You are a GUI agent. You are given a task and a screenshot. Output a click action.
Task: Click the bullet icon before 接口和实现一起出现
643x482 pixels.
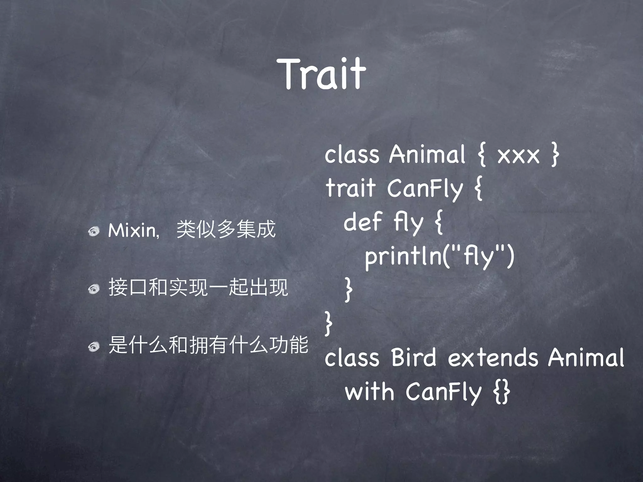[94, 289]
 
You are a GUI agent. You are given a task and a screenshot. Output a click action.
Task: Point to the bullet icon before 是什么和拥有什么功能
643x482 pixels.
[94, 346]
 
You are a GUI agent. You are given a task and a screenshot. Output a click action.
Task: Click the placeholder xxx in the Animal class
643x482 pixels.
[518, 155]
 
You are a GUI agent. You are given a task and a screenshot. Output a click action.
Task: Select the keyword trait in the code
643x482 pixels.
[351, 188]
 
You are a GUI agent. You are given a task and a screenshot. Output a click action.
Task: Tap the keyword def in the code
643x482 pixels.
[363, 221]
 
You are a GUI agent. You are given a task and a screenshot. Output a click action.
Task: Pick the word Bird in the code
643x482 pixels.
[414, 357]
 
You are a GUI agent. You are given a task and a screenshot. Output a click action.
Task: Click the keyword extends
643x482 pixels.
[493, 357]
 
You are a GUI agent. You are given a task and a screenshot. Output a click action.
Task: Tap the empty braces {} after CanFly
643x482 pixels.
[502, 392]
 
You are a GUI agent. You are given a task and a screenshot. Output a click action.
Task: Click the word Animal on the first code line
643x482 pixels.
[427, 154]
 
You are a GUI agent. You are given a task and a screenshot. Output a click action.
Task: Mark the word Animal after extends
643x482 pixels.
[586, 357]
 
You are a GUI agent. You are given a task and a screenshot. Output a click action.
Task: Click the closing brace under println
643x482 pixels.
[348, 289]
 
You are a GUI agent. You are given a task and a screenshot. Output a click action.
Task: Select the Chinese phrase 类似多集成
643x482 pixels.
[226, 229]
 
